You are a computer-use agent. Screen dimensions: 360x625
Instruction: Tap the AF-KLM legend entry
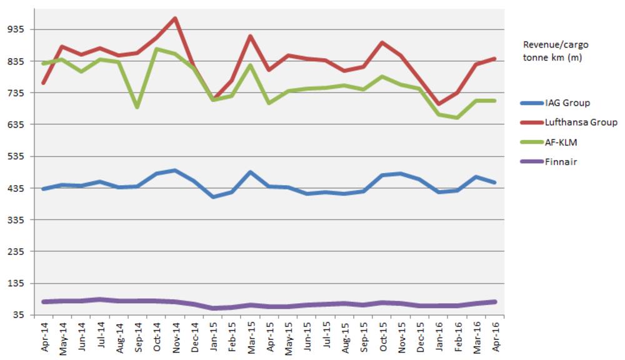pyautogui.click(x=560, y=142)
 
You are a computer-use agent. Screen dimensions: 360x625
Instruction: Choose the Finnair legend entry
pyautogui.click(x=559, y=162)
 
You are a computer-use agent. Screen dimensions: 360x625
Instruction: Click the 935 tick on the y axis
pyautogui.click(x=16, y=29)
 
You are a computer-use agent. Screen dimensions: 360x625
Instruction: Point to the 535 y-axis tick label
pyautogui.click(x=16, y=156)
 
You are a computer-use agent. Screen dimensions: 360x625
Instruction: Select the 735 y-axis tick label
pyautogui.click(x=16, y=92)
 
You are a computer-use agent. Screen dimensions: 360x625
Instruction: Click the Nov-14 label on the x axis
pyautogui.click(x=176, y=337)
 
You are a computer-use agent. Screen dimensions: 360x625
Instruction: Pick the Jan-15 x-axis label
pyautogui.click(x=213, y=337)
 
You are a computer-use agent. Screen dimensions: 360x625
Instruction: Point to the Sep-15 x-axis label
pyautogui.click(x=363, y=337)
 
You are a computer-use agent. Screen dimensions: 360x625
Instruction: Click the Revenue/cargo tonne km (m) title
pyautogui.click(x=556, y=51)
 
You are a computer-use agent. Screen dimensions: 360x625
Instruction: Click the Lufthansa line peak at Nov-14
pyautogui.click(x=176, y=18)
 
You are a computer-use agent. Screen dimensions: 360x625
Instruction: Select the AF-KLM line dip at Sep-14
pyautogui.click(x=137, y=107)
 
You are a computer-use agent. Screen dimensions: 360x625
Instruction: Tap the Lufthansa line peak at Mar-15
pyautogui.click(x=251, y=36)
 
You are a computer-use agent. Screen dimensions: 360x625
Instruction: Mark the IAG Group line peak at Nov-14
pyautogui.click(x=176, y=171)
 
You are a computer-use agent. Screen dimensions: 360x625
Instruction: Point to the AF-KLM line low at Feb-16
pyautogui.click(x=457, y=117)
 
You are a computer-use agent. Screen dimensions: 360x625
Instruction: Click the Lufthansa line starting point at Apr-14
pyautogui.click(x=44, y=83)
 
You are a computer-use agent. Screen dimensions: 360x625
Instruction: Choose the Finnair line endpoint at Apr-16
pyautogui.click(x=494, y=302)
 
